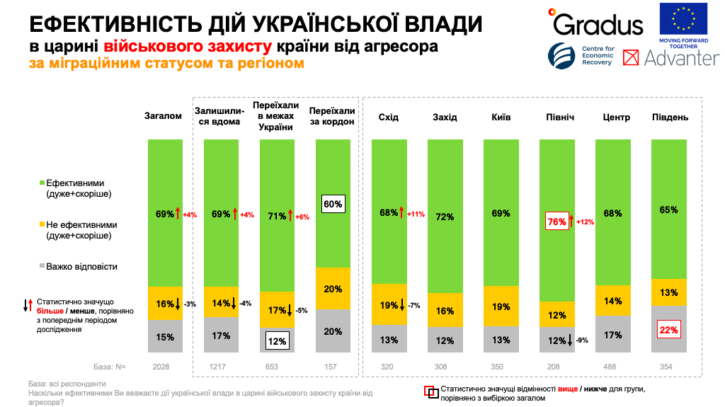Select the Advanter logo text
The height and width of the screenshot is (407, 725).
(x=681, y=58)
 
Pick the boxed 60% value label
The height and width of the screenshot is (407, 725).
(x=333, y=204)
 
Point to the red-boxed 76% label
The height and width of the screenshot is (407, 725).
(x=557, y=222)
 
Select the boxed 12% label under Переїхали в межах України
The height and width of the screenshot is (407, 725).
(x=277, y=340)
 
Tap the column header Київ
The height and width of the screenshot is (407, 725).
(x=501, y=117)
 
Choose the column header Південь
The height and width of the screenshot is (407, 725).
(x=670, y=117)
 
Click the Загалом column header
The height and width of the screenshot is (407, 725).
(x=164, y=117)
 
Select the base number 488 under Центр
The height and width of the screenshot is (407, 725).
(x=612, y=367)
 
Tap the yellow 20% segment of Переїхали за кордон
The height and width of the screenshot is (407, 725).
(x=333, y=289)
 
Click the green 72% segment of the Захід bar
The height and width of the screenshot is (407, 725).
(x=445, y=217)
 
